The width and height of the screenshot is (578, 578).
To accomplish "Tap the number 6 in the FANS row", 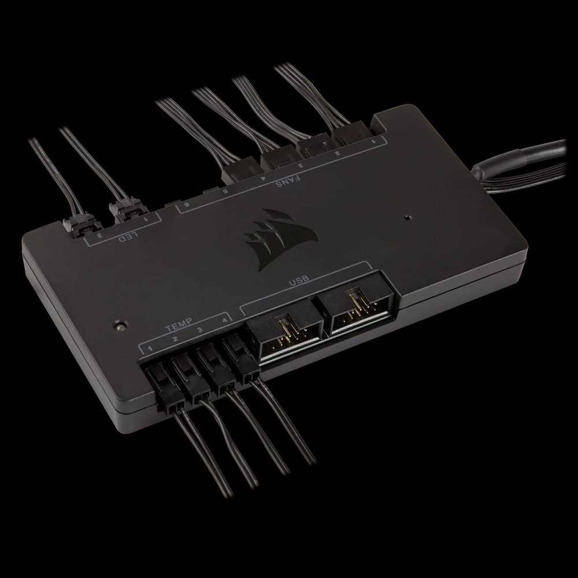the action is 187,205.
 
